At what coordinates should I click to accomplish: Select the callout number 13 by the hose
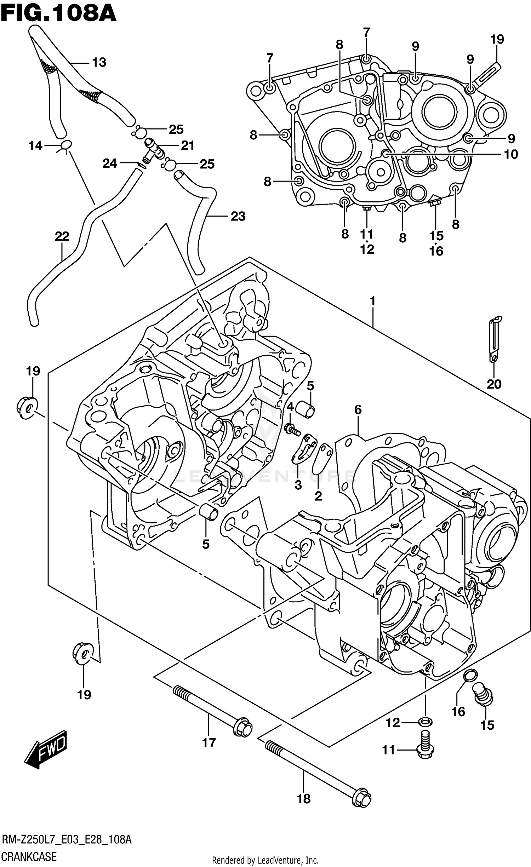(x=99, y=62)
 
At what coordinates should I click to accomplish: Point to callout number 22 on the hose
(x=62, y=236)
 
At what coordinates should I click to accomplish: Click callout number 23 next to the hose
(x=238, y=216)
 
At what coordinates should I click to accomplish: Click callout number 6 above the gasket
(x=358, y=410)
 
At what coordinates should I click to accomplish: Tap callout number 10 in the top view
(x=511, y=154)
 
